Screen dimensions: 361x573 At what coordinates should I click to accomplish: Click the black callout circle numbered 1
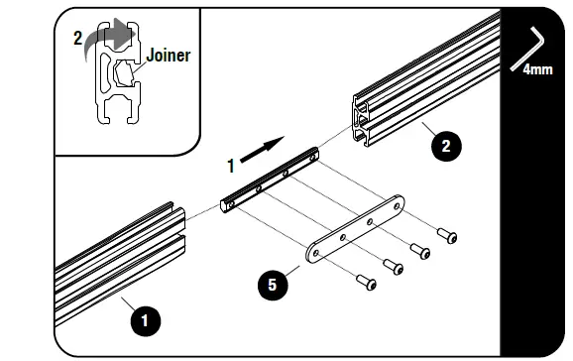(144, 320)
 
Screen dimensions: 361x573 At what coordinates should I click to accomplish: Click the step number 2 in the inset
(78, 40)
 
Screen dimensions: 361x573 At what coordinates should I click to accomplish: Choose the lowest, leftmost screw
(368, 284)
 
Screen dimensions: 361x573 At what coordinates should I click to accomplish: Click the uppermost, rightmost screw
(447, 235)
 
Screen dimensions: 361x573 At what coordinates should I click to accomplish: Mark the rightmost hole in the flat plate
(394, 208)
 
